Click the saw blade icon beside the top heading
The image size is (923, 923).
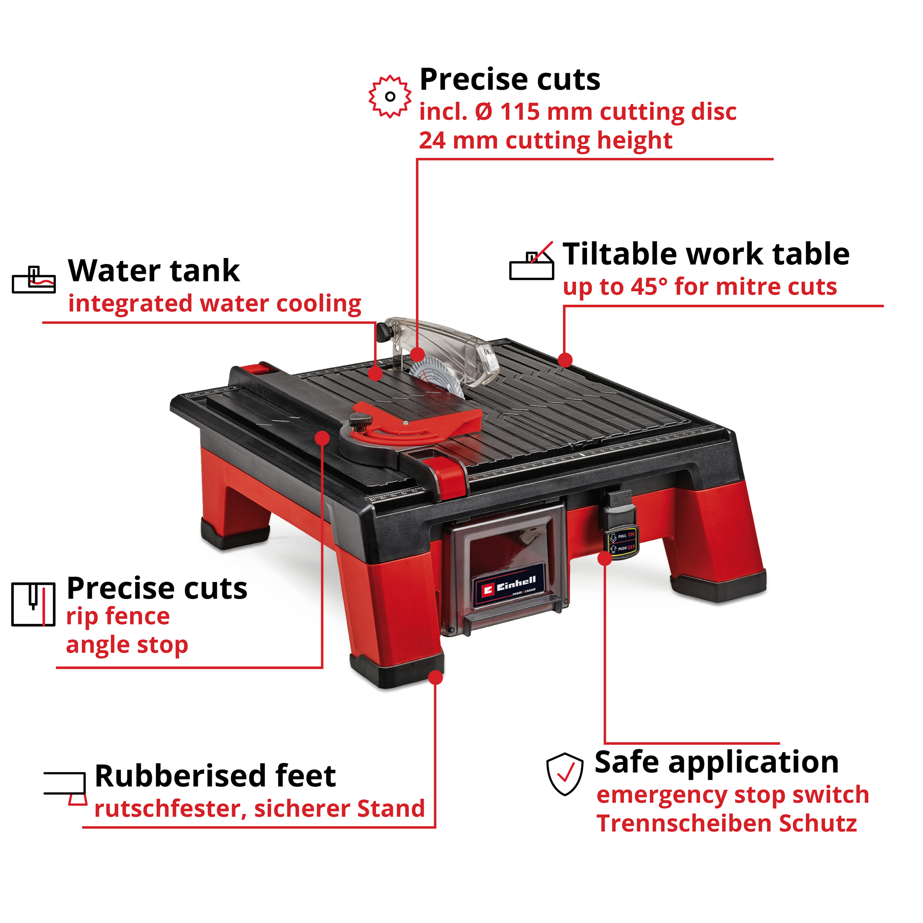pos(390,96)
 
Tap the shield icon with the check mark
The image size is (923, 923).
pos(565,773)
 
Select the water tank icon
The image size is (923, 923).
pos(33,280)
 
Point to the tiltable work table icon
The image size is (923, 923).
pos(531,261)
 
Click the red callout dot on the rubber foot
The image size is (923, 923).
pos(435,677)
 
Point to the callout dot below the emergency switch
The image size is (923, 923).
pos(605,558)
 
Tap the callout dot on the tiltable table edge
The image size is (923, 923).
pos(565,360)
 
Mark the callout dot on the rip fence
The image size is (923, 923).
pos(323,438)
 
